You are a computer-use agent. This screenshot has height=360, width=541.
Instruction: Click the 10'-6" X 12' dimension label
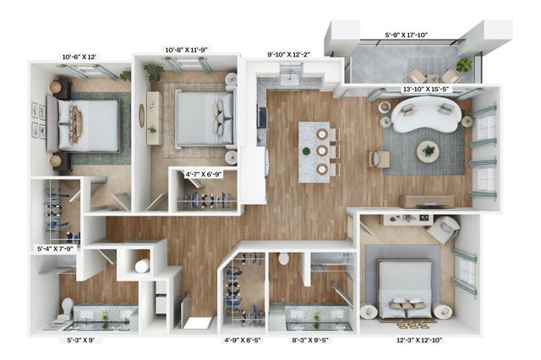79,57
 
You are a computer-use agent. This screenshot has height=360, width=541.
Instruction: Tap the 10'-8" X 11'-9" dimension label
186,50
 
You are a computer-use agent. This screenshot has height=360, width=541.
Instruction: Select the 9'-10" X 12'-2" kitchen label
289,54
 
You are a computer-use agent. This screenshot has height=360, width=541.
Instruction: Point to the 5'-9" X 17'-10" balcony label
407,35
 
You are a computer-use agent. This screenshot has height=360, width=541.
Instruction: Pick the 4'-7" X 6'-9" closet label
204,174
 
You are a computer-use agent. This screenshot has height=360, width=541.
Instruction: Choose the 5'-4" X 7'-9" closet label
55,248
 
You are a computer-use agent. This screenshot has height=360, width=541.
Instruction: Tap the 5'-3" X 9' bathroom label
80,341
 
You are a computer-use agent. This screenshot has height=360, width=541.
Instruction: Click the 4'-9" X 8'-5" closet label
243,341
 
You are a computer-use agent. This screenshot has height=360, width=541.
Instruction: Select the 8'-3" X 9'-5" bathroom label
310,341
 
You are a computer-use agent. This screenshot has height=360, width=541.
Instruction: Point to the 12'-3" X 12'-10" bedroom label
419,341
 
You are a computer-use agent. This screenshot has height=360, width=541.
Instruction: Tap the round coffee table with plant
429,151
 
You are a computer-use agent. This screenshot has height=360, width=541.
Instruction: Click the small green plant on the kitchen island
306,151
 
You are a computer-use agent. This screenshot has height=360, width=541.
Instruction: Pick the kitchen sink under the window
289,79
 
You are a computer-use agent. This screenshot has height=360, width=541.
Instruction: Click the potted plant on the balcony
464,64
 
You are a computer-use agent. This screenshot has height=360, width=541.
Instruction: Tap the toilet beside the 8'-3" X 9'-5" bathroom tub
284,259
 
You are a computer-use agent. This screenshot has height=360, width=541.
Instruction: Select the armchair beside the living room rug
380,159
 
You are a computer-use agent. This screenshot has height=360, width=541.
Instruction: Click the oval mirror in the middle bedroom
141,116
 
